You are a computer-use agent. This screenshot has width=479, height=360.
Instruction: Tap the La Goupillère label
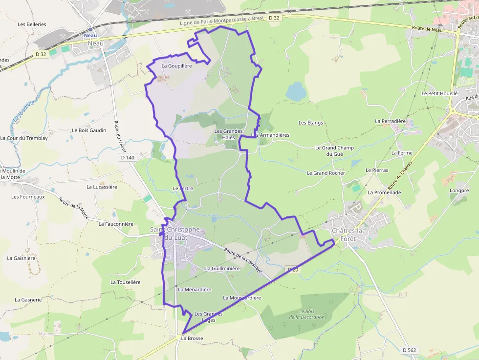pos(176,65)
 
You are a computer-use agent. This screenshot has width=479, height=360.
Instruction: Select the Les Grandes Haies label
pos(228,134)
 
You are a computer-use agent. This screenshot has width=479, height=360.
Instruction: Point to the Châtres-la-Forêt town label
pos(348,235)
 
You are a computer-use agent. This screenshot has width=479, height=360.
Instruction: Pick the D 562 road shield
pos(409,350)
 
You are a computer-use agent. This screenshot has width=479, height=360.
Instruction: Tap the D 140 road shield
pos(127,157)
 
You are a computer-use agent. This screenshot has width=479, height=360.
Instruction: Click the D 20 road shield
pos(292,270)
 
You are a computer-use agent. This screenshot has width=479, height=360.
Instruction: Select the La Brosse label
pos(192,338)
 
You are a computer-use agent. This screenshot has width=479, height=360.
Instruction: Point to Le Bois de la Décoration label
pos(306,314)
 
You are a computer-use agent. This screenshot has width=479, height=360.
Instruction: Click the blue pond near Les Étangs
pos(295,91)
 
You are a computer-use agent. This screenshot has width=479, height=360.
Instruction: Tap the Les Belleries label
pos(32,24)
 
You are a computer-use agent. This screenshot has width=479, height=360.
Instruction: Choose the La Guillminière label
pos(222,268)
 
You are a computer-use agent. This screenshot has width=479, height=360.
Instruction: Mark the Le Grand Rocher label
pos(326,173)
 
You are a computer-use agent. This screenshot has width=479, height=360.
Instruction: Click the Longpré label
pos(459,190)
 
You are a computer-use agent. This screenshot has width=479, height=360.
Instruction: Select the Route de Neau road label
pos(427,30)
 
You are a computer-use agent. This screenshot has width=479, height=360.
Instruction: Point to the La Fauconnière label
pos(116,224)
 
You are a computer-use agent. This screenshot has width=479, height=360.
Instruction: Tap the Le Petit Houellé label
pos(439,93)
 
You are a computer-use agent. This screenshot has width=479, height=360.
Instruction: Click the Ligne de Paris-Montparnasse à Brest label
pos(221,21)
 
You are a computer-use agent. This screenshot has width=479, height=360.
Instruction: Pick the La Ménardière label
pos(195,289)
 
